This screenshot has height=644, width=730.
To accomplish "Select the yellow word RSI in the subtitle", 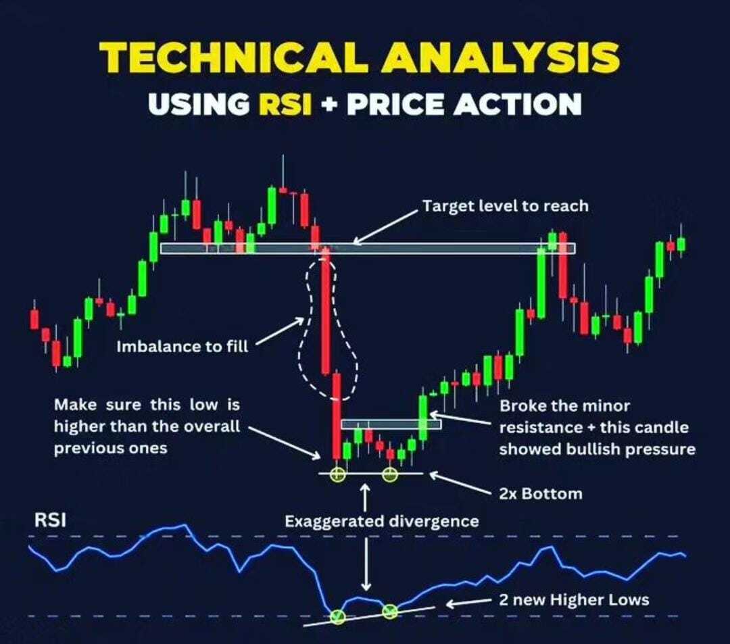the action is coord(285,103).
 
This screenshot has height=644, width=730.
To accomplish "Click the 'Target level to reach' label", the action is coord(505,205).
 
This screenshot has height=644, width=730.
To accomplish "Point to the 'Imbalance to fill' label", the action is coord(182,346).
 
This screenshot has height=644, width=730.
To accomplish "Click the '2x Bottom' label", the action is coord(541,494).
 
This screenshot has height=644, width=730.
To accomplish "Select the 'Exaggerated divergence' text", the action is coord(382,521).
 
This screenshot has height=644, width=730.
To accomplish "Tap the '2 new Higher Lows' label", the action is coord(574,600).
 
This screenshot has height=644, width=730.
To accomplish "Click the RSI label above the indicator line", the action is coord(50,520).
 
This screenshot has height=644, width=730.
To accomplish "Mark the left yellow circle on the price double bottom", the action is coord(337,474).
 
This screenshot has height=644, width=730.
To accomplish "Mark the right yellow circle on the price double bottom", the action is coord(390,474).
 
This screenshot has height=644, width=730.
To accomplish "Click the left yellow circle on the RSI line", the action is coord(337,616).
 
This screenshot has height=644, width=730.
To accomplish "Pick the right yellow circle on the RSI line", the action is coord(390,611).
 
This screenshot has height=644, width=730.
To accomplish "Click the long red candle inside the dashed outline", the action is coord(325,312).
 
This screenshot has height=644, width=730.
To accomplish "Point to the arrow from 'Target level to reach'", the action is coord(385,227).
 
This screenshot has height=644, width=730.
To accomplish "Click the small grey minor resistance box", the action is coord(391,424).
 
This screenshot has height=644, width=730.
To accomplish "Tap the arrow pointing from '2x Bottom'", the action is coord(460,482).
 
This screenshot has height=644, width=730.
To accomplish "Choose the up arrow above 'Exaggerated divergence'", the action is coord(366,497).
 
